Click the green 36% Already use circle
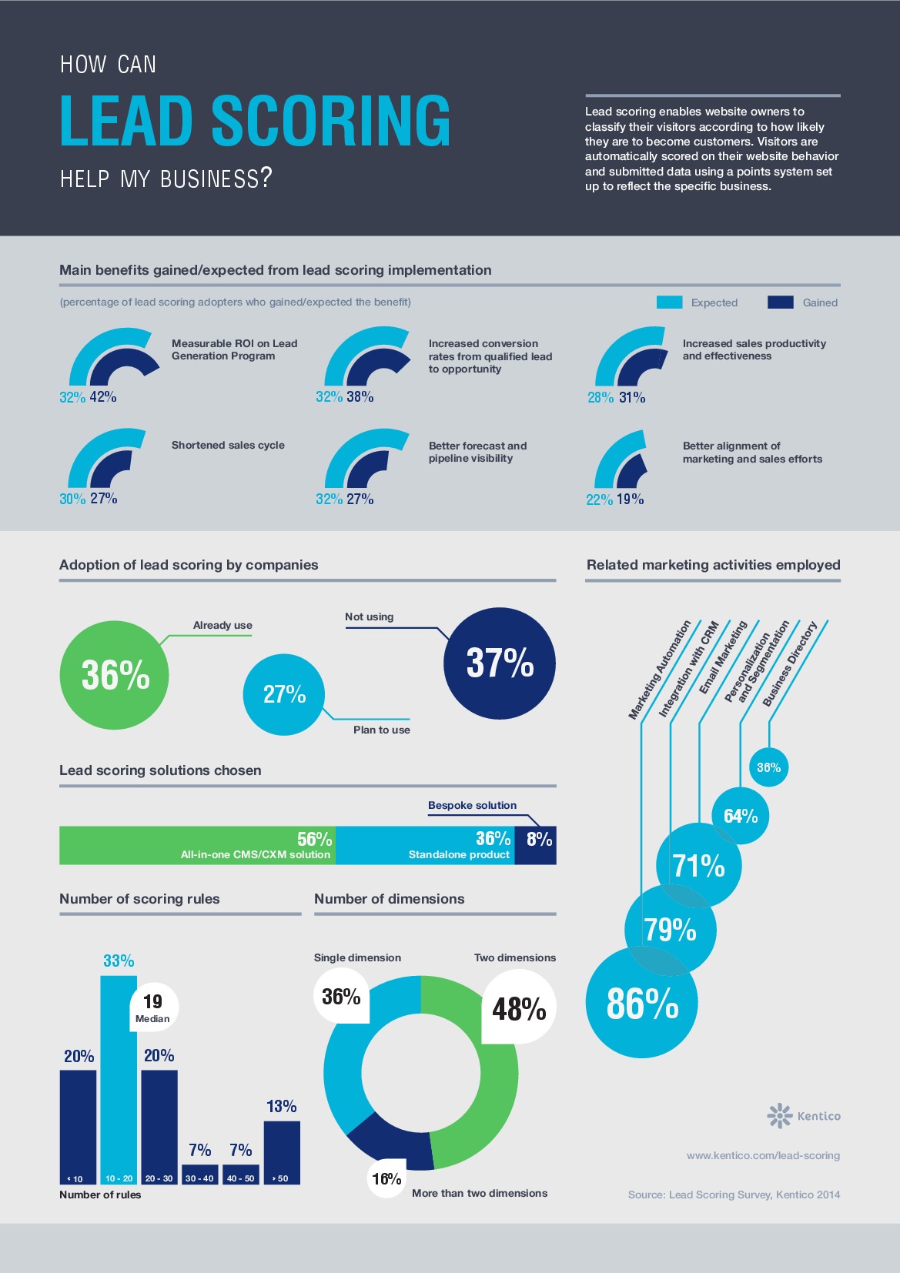[x=114, y=675]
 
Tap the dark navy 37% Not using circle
[x=500, y=663]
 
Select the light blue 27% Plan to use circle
[x=284, y=694]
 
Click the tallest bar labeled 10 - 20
[x=119, y=1093]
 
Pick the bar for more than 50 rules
[x=282, y=1151]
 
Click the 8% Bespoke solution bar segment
[x=536, y=845]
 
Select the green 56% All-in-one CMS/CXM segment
[x=196, y=845]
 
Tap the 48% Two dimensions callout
[x=518, y=1008]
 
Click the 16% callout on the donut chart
[x=386, y=1178]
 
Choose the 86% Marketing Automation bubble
[x=641, y=1003]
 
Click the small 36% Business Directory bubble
[x=768, y=767]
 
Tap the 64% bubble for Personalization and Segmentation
[x=740, y=816]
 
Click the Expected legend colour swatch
[x=669, y=302]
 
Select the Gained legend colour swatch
[x=780, y=302]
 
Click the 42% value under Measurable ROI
[x=103, y=397]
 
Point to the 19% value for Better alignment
[x=630, y=500]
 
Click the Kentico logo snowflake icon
[x=779, y=1115]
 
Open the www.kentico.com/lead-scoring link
[x=763, y=1155]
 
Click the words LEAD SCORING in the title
[x=255, y=121]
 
